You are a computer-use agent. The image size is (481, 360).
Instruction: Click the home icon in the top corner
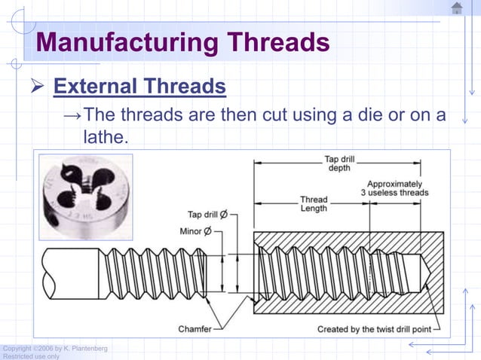click(457, 8)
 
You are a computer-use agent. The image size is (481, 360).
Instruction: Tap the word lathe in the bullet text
click(105, 137)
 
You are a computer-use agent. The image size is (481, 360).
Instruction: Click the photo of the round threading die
click(84, 192)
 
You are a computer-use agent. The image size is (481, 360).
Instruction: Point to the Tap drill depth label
click(338, 163)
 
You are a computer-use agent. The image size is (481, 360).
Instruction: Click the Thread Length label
click(314, 203)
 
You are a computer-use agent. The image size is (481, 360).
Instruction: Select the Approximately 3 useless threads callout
click(394, 188)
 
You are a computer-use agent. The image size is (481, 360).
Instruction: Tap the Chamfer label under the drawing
click(195, 329)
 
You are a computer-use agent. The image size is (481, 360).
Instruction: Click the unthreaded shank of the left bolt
click(71, 273)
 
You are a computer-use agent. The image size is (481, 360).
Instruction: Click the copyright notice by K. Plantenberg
click(54, 348)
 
